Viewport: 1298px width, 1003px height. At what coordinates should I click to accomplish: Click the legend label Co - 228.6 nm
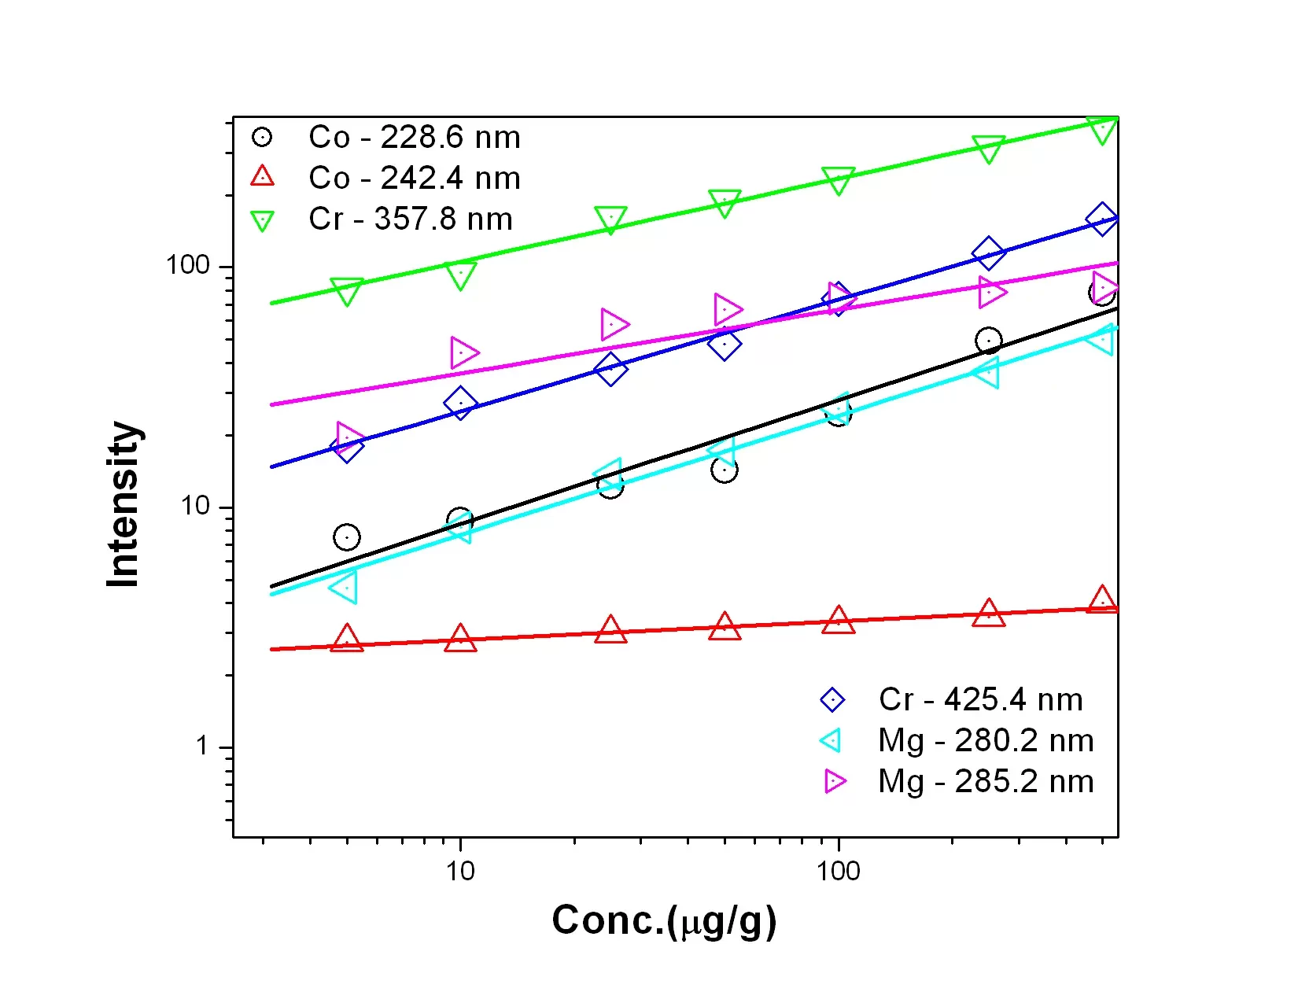414,138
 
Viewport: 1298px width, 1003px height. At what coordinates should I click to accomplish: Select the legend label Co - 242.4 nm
414,179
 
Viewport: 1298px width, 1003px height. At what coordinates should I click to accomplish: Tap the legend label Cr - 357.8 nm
410,219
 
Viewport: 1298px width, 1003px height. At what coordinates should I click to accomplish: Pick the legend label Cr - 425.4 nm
980,699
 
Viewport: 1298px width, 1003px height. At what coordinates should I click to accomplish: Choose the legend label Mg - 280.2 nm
986,740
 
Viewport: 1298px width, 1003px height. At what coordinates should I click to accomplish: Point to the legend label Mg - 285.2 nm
986,781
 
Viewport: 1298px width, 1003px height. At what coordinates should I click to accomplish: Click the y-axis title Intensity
124,504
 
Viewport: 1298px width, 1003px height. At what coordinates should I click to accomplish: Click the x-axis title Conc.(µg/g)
664,920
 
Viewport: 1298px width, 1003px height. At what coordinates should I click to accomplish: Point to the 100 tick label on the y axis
188,265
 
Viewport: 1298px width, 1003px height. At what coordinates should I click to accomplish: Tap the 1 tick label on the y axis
203,746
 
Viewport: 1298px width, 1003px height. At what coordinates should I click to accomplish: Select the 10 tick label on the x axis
460,871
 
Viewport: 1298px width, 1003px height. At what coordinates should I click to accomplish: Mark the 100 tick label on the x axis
838,871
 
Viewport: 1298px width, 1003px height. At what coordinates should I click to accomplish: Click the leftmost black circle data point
347,537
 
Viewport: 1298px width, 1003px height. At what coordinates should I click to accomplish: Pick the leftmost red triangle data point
347,640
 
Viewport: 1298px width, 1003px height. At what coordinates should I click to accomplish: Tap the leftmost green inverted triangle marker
347,291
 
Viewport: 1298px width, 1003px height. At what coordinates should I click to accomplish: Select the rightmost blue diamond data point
1102,219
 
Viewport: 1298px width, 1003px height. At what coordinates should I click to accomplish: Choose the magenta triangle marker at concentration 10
463,352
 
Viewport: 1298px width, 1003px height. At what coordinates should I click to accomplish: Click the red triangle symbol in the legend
262,176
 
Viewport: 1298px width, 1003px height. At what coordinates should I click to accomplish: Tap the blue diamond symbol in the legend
832,699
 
